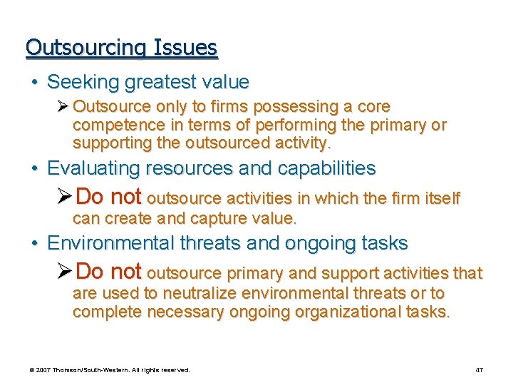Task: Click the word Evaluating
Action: [93, 168]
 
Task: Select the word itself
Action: [442, 198]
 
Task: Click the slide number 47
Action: [480, 370]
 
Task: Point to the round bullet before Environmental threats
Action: [34, 244]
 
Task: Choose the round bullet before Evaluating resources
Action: [34, 169]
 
